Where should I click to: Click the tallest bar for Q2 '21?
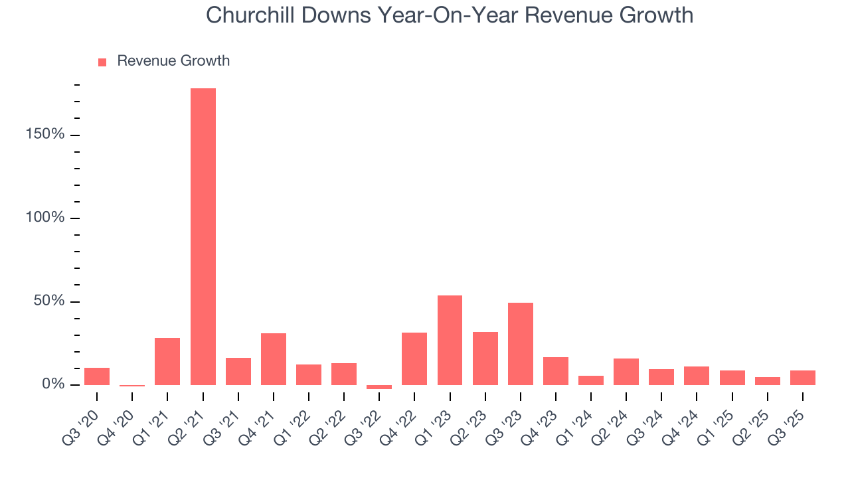click(203, 236)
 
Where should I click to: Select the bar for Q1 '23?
click(450, 340)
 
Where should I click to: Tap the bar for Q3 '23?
click(520, 343)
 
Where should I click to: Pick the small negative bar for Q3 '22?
click(379, 387)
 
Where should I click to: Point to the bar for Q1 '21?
click(167, 361)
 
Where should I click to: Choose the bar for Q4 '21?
click(273, 358)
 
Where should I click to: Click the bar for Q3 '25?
click(802, 378)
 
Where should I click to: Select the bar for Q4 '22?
click(414, 358)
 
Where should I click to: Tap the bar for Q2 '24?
click(626, 372)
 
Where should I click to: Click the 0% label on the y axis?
click(55, 384)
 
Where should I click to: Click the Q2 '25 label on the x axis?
click(750, 420)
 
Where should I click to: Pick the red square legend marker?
click(102, 62)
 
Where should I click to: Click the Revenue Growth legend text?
click(173, 61)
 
